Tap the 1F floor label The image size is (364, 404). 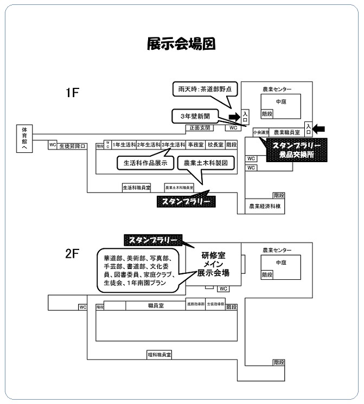[73, 93]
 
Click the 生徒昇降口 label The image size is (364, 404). [72, 145]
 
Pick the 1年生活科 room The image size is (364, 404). [124, 145]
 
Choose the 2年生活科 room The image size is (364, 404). [149, 145]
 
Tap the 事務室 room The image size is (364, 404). [195, 145]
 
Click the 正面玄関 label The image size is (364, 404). [200, 128]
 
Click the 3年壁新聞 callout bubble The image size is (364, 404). [195, 116]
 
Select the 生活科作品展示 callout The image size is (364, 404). [145, 162]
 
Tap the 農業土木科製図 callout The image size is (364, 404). [209, 162]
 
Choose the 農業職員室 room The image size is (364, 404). [287, 132]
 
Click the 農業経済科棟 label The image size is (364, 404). [265, 206]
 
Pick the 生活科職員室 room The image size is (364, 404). [136, 187]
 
